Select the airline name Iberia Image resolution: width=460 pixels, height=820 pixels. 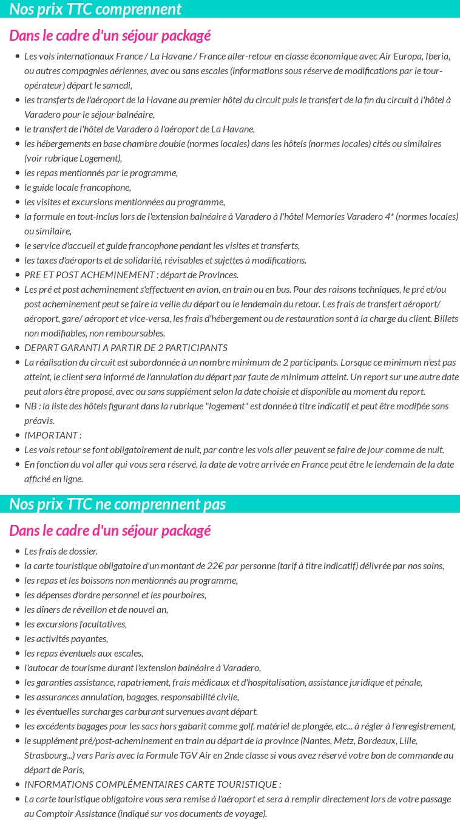[x=438, y=56]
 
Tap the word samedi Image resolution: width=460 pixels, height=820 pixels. [x=118, y=86]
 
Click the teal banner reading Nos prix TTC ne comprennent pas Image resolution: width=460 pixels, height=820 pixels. [x=117, y=504]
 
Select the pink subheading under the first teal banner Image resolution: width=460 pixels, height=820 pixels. [x=110, y=36]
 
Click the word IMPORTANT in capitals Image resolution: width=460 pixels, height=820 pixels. [x=51, y=436]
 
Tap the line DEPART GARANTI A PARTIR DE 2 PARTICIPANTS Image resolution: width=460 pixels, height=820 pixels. [x=126, y=348]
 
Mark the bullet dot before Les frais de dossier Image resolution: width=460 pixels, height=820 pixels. [x=17, y=552]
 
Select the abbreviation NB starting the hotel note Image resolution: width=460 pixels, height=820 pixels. [x=30, y=406]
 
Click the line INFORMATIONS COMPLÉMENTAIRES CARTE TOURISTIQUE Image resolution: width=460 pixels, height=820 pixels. [x=152, y=785]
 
